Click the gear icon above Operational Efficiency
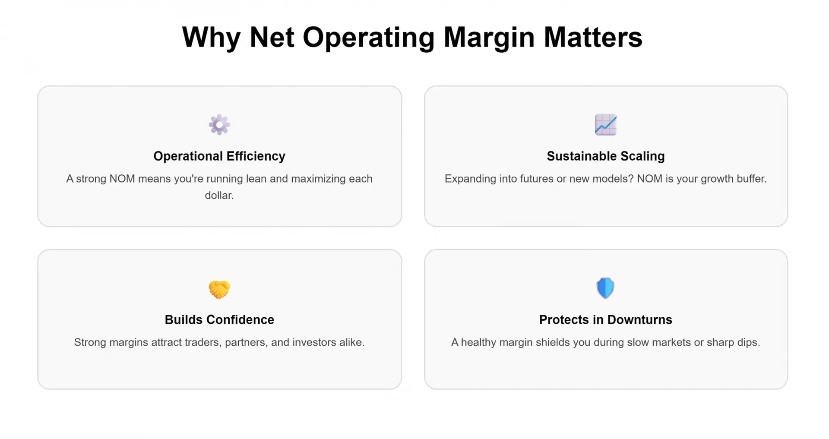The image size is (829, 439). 219,125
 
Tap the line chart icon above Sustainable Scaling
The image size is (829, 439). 606,125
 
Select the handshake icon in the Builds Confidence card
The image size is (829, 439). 219,289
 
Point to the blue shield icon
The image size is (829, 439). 605,288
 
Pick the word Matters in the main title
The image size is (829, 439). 593,37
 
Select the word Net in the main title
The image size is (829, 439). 272,37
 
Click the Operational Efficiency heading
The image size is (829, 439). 219,156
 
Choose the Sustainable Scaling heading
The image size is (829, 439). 606,156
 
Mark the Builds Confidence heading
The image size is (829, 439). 219,319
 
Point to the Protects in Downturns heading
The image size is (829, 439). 606,319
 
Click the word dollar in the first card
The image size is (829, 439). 218,195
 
